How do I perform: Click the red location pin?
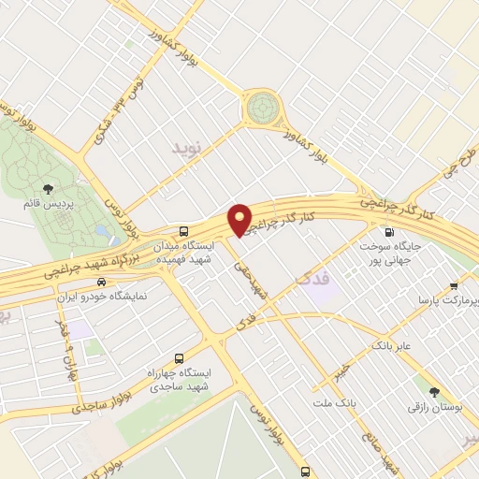tap(240, 220)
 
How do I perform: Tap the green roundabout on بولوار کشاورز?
tap(263, 108)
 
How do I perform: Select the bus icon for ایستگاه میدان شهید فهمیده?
tap(183, 231)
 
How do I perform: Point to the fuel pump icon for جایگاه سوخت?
tap(387, 231)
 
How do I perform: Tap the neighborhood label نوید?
tap(186, 149)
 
